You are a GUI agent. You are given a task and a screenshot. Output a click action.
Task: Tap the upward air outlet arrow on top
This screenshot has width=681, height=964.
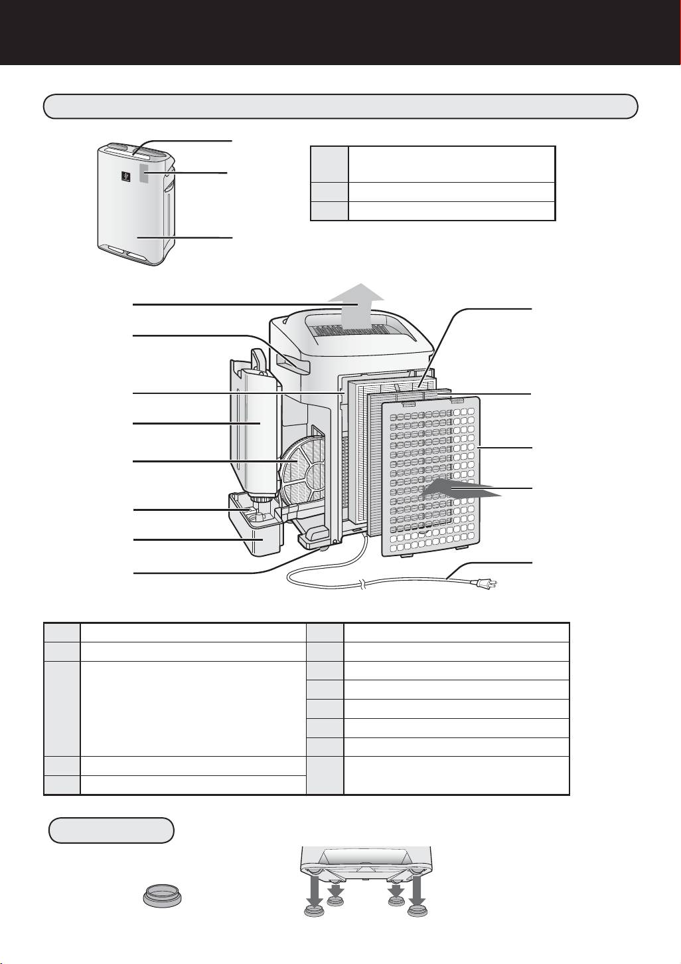coord(359,304)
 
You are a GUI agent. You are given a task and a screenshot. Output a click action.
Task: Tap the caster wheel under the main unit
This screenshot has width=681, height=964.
coord(323,547)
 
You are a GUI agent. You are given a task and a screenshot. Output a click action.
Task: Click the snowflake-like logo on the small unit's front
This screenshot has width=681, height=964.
coord(124,177)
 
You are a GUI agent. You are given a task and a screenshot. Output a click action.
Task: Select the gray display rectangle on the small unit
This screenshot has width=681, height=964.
coord(147,175)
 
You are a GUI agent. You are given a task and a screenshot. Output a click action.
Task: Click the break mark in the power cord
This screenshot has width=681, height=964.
coord(361,585)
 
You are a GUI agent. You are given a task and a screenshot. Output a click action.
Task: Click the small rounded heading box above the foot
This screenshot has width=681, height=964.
coord(112,830)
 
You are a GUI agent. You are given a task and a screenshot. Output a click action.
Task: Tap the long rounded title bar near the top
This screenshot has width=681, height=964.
coord(340,106)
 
